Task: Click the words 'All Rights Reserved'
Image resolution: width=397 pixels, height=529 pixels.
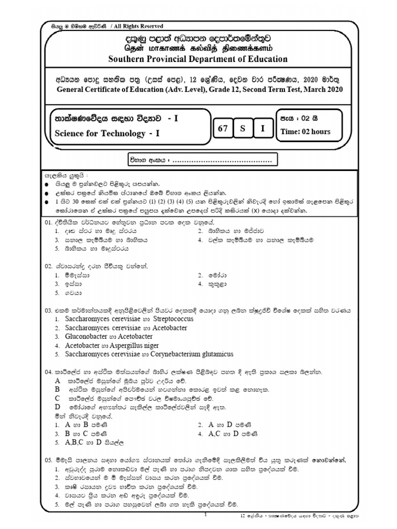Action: click(138, 26)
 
